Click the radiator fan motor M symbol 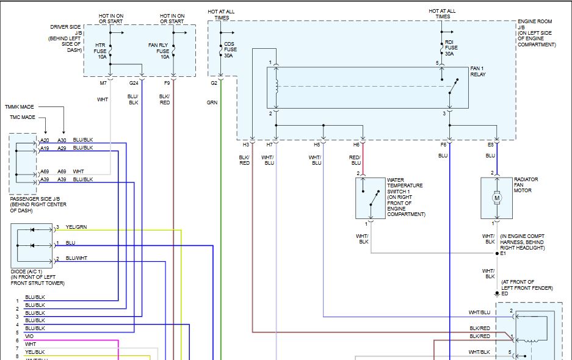(x=496, y=198)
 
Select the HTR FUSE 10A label (x=100, y=51)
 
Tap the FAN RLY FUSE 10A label (x=159, y=51)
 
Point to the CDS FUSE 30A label (x=230, y=49)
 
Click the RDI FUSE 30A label (x=451, y=48)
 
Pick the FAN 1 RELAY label (x=478, y=71)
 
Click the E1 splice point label (x=503, y=253)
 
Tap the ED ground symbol (x=497, y=293)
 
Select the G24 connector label (x=134, y=83)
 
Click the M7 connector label (x=103, y=83)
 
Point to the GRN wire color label (x=212, y=103)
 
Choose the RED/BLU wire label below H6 (x=355, y=160)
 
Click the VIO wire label (x=29, y=336)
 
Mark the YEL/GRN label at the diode (x=76, y=227)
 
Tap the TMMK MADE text (x=20, y=107)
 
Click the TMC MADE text (x=22, y=117)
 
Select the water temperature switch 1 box (x=371, y=198)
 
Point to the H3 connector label (x=246, y=145)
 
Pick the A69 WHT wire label (x=78, y=171)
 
